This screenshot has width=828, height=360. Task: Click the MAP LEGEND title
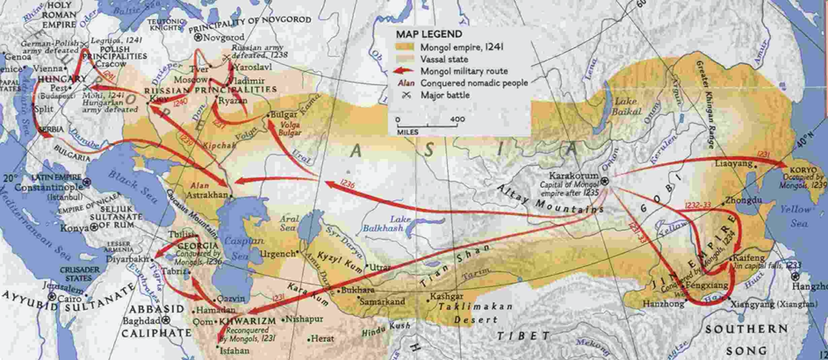[430, 32]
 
